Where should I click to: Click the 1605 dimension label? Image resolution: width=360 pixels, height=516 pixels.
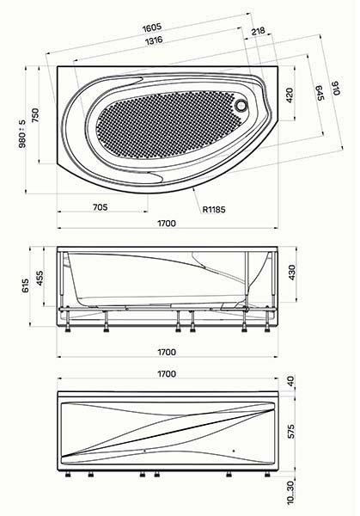(152, 28)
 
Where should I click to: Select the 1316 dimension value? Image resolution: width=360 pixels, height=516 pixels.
(154, 40)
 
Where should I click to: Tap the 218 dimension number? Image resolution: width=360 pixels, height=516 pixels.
(258, 31)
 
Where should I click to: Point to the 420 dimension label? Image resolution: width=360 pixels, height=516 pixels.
(290, 95)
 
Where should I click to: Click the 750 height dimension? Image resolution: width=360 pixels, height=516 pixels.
(35, 115)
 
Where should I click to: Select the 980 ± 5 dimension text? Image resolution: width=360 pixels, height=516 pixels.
(22, 133)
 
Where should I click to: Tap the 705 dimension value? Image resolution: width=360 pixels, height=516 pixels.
(100, 207)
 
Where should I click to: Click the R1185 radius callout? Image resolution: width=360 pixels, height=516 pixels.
(214, 209)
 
